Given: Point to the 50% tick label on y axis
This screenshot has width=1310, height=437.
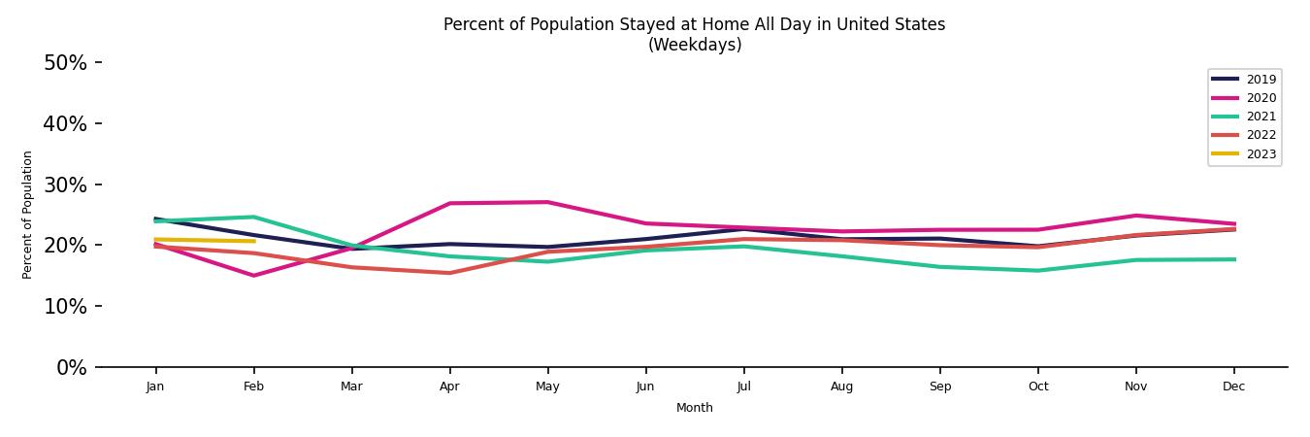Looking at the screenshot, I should [65, 63].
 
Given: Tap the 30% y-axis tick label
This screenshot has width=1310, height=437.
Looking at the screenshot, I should [65, 185].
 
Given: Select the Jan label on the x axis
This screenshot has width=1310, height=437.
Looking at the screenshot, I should [155, 387].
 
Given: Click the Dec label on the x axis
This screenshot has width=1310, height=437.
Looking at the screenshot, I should [1233, 387].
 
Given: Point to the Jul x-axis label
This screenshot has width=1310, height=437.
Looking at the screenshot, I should [743, 387].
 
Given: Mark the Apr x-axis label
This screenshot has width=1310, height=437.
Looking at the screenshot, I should [449, 387].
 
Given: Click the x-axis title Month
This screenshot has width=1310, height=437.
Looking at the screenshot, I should [694, 408].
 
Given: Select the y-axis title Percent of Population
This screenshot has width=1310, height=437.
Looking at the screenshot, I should [28, 215].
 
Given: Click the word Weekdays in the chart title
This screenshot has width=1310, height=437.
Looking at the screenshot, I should [695, 46].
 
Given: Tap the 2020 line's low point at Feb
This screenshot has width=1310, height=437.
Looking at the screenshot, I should [253, 276].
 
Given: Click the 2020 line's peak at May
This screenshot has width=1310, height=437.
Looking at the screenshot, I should [547, 202].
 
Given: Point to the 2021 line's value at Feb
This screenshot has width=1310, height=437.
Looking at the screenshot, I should [253, 217].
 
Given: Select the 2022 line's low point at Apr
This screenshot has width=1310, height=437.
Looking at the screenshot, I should [449, 273].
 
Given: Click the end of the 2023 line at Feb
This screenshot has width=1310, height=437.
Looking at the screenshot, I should [253, 241].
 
